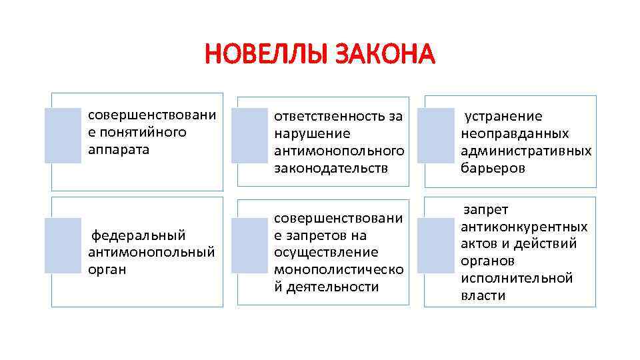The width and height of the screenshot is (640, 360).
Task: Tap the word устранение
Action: pos(494,117)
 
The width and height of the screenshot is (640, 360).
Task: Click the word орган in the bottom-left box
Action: pos(107,270)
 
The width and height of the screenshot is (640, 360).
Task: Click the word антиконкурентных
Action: pos(524,227)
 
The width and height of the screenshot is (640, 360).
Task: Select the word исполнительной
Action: pos(517,278)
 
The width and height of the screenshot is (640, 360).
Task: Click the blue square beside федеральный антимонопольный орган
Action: pos(63,245)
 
